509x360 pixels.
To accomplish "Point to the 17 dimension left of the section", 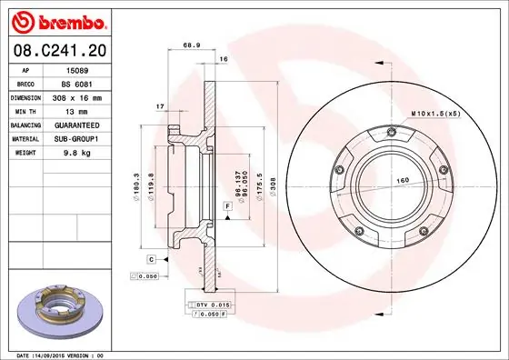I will (160, 107).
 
